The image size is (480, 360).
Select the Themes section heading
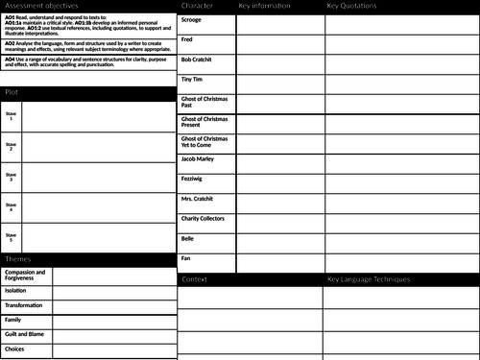click(18, 260)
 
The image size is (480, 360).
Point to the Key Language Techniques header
click(369, 279)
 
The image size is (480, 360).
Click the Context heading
click(195, 279)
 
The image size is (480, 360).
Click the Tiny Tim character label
click(193, 80)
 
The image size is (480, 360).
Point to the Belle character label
click(188, 238)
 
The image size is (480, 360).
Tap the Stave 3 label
click(11, 177)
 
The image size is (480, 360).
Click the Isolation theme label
click(15, 290)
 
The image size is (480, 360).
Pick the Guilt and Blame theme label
click(24, 334)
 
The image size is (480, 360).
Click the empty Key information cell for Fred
click(279, 39)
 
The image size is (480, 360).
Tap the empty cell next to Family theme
click(115, 320)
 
